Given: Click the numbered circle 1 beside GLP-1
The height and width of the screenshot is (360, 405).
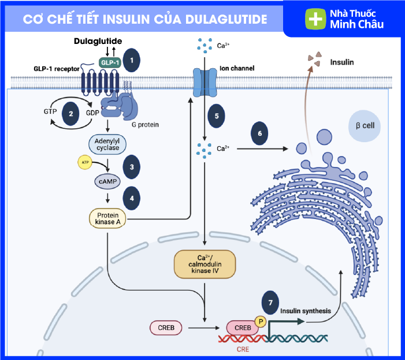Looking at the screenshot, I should pos(132,60).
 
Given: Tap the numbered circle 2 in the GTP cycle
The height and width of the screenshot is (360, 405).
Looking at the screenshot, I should pos(71,114).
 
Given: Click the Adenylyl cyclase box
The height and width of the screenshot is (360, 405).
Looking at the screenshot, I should pos(109,143).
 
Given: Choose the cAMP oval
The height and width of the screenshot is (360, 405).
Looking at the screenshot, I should pos(108,181).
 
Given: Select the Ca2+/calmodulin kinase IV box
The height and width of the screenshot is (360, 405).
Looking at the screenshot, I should pos(206,265).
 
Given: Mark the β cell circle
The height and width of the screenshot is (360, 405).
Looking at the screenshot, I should pos(365,125).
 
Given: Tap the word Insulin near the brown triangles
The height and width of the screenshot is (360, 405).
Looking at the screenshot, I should pos(341,62).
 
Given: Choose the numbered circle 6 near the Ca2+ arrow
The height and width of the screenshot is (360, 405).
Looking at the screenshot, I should pos(259,133).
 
